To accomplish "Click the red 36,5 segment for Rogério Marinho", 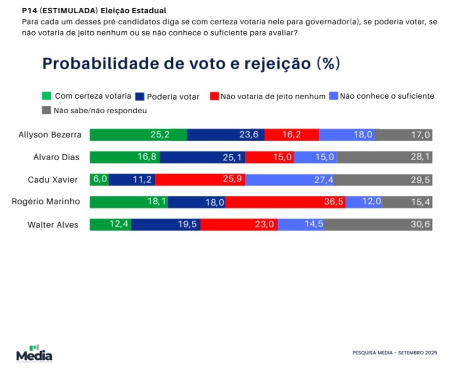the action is click(x=285, y=202).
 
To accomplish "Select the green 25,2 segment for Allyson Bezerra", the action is click(x=139, y=135).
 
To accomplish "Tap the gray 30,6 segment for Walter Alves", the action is click(x=378, y=225).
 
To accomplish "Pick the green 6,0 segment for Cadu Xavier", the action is click(x=99, y=180).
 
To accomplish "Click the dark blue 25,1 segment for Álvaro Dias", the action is click(x=203, y=157).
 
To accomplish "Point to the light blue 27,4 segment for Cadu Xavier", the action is click(x=290, y=180).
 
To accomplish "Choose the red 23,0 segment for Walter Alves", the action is click(x=239, y=225).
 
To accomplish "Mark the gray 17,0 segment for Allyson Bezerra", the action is click(x=404, y=135).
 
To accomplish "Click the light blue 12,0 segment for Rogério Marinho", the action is click(x=364, y=202).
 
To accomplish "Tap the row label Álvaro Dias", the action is click(x=56, y=157).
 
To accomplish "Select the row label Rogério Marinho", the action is click(x=46, y=202).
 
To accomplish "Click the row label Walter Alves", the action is click(x=53, y=225).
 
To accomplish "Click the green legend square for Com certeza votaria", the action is click(x=46, y=96).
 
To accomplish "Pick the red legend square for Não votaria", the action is click(x=214, y=96).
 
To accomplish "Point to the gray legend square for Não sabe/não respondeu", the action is click(x=46, y=110).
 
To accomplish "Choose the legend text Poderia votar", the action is click(x=173, y=97).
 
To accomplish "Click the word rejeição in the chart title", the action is click(x=277, y=63).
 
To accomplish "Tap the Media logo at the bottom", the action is click(x=34, y=354).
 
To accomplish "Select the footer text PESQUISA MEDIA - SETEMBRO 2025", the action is click(x=395, y=353).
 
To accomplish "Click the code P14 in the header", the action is click(x=29, y=11).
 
